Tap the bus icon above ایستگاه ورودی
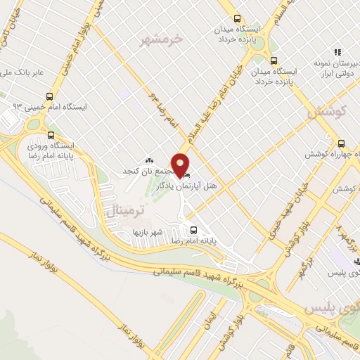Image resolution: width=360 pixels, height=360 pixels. (x=50, y=135)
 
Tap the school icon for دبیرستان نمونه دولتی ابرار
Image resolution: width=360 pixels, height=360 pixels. (x=338, y=51)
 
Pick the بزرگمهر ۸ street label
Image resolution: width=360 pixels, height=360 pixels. (x=345, y=239)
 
